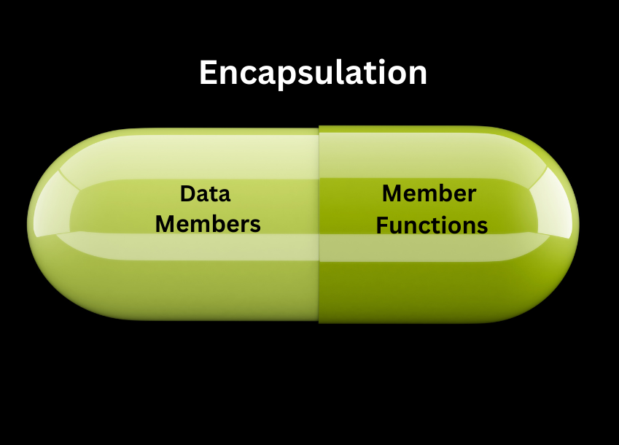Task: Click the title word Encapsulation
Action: [313, 73]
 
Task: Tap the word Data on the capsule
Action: [205, 194]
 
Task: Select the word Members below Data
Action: [208, 223]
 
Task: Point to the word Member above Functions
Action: [429, 194]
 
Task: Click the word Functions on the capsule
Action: [432, 225]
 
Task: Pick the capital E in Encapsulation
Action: [209, 73]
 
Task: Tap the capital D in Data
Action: [187, 194]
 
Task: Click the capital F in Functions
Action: [381, 225]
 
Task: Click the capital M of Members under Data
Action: [166, 223]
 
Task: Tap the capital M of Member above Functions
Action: [393, 194]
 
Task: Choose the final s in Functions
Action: [483, 227]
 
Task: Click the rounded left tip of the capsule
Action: [31, 225]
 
